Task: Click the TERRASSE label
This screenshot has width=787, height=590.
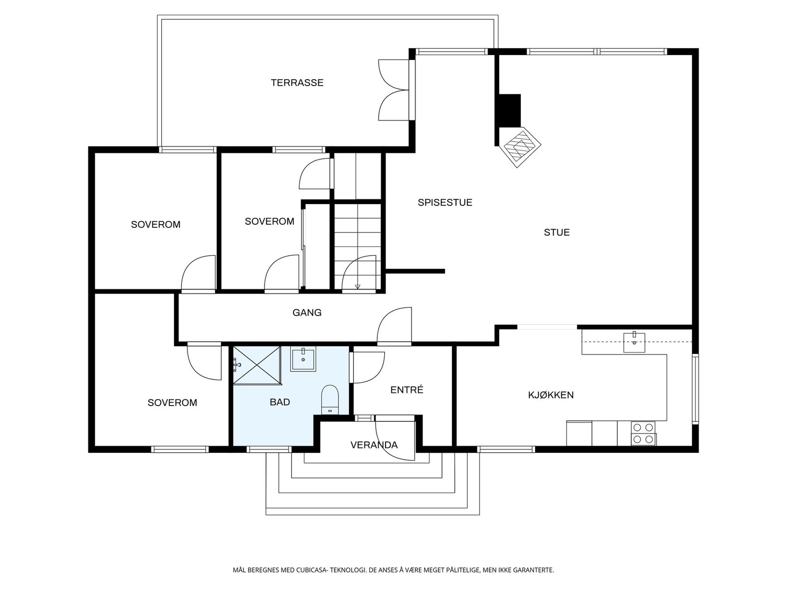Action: pyautogui.click(x=297, y=83)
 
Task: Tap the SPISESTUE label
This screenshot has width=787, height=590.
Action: pyautogui.click(x=445, y=203)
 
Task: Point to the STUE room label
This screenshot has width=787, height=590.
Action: pyautogui.click(x=556, y=233)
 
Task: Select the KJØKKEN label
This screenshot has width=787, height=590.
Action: pyautogui.click(x=551, y=395)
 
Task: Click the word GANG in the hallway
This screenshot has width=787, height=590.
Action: pyautogui.click(x=307, y=313)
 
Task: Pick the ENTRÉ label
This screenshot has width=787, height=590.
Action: pyautogui.click(x=407, y=389)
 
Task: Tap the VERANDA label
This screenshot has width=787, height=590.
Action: pyautogui.click(x=374, y=445)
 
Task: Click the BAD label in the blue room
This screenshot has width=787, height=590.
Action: pyautogui.click(x=280, y=402)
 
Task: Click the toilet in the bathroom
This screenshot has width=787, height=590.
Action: pyautogui.click(x=330, y=400)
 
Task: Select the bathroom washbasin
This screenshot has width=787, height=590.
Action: pyautogui.click(x=303, y=359)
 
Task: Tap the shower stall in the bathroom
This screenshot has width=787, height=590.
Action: pyautogui.click(x=257, y=365)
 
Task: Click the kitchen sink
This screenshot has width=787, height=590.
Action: pyautogui.click(x=634, y=343)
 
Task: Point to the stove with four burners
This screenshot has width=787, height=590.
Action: pyautogui.click(x=643, y=434)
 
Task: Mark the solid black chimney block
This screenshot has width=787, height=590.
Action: pyautogui.click(x=510, y=111)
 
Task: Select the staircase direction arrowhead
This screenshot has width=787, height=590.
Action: pyautogui.click(x=357, y=287)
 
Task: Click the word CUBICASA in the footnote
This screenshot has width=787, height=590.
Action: pyautogui.click(x=311, y=570)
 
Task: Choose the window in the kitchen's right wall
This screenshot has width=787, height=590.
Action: pyautogui.click(x=695, y=389)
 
